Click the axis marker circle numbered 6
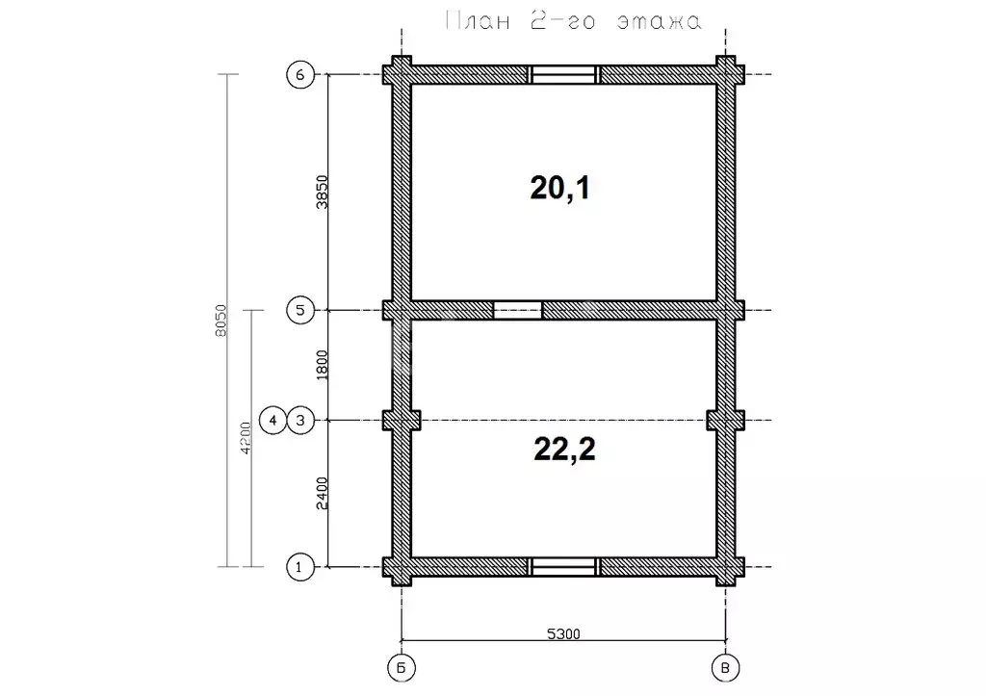300,75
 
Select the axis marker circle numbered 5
300,310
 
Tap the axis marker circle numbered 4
272,420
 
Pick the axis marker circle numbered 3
300,420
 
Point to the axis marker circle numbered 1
300,567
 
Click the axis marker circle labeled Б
402,668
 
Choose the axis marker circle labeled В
725,668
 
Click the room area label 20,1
559,188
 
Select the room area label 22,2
564,449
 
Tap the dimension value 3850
322,193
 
